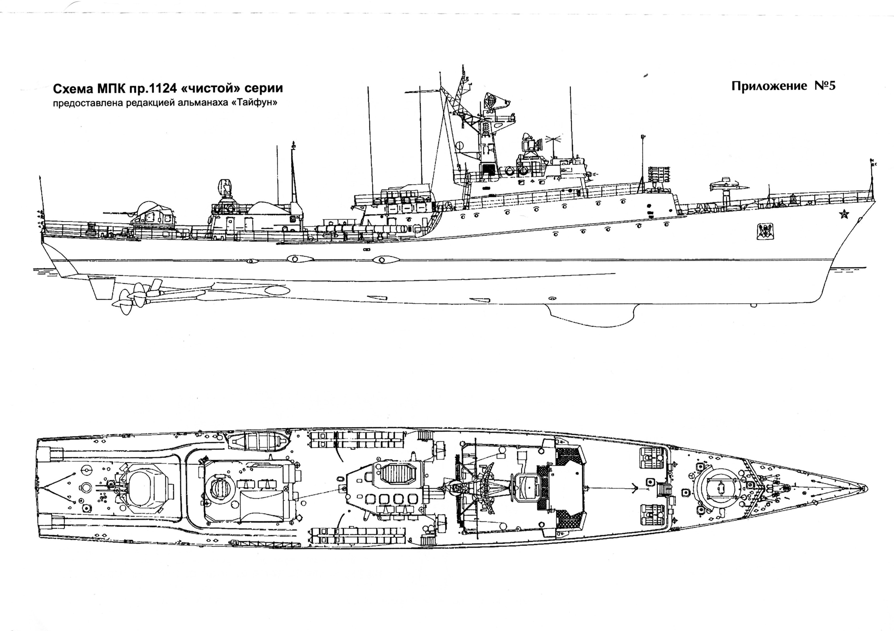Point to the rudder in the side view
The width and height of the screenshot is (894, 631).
pyautogui.click(x=99, y=288)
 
